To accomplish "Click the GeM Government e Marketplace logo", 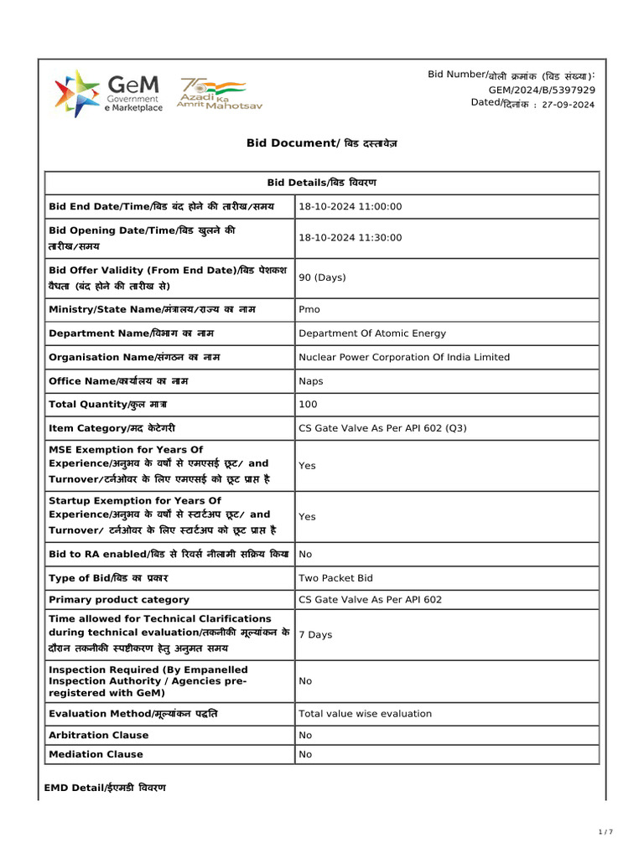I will [x=108, y=94].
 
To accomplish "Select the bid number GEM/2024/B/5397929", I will [x=542, y=90].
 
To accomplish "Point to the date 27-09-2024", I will [x=569, y=105].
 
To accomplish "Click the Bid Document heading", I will [x=322, y=143].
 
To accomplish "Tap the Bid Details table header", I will [x=322, y=183].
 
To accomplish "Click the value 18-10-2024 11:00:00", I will [x=351, y=206].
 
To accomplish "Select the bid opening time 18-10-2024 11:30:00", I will [x=351, y=238].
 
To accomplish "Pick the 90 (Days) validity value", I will [x=323, y=277].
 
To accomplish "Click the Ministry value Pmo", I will [x=309, y=309].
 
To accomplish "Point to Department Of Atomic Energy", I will [x=372, y=333].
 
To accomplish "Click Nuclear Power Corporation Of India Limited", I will [x=404, y=357].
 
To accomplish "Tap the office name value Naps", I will [x=311, y=380].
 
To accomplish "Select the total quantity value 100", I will [x=308, y=405].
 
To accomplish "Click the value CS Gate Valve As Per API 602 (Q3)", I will [x=382, y=428].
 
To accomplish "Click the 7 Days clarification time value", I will [x=315, y=635].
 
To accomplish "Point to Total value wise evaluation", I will [x=366, y=714].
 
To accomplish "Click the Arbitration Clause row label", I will [x=99, y=735].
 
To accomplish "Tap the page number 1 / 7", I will [x=605, y=832].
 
